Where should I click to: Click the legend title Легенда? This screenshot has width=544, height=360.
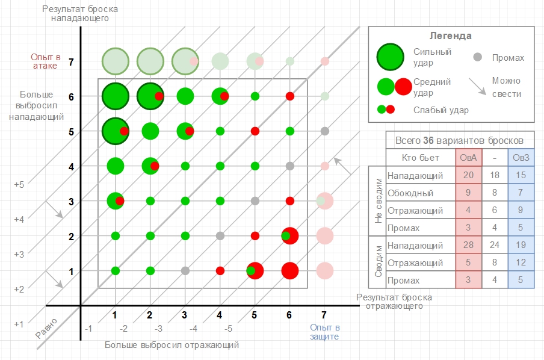(x=451, y=36)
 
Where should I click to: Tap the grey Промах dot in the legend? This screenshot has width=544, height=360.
(x=478, y=58)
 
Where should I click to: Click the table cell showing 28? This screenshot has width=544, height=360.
(x=468, y=245)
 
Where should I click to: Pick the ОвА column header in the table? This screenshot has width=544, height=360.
(x=468, y=158)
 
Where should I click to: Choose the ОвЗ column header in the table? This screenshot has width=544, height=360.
(x=521, y=158)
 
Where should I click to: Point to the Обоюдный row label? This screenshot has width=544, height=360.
(x=410, y=193)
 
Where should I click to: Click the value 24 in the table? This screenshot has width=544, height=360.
(x=495, y=245)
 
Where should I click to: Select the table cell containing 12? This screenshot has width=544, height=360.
(x=521, y=262)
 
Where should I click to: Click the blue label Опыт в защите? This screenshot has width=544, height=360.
(x=326, y=332)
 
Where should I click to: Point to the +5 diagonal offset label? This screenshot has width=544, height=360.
(x=19, y=185)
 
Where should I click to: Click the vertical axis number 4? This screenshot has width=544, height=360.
(x=71, y=166)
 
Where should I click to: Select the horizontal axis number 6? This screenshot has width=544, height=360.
(x=290, y=315)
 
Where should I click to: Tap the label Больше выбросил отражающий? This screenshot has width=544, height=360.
(x=172, y=346)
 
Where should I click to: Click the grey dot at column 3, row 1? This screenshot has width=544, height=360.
(x=185, y=271)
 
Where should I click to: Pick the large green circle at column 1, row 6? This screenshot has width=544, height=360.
(x=116, y=96)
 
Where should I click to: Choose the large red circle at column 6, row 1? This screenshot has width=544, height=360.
(x=290, y=271)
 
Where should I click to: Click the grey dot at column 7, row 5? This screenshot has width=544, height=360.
(x=325, y=131)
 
